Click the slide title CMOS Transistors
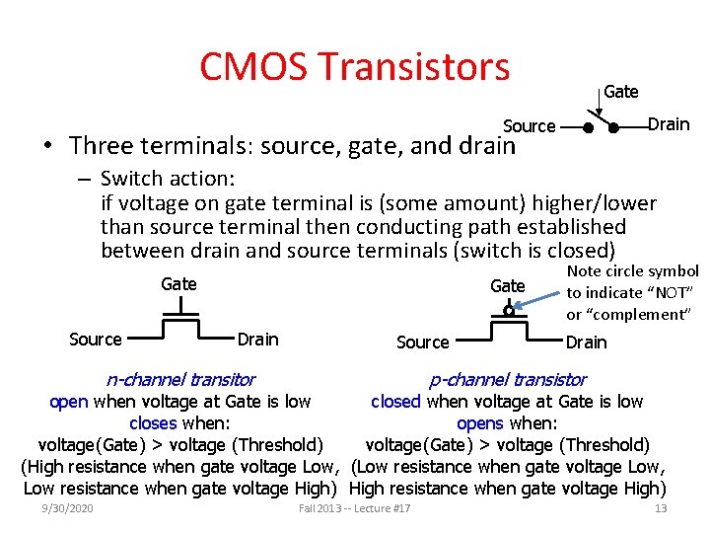[354, 67]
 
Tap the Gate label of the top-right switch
[620, 92]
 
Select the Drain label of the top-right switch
[669, 123]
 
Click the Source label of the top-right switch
[530, 125]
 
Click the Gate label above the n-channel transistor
[178, 283]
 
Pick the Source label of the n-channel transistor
[96, 339]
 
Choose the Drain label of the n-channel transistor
[257, 339]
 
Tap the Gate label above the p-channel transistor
[508, 285]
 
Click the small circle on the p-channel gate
[509, 310]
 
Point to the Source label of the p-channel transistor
[422, 342]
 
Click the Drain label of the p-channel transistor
[586, 342]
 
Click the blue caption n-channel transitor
[180, 379]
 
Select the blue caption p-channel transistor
[508, 379]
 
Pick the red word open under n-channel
[69, 401]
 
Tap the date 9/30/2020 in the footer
[67, 507]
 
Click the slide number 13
[661, 507]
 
